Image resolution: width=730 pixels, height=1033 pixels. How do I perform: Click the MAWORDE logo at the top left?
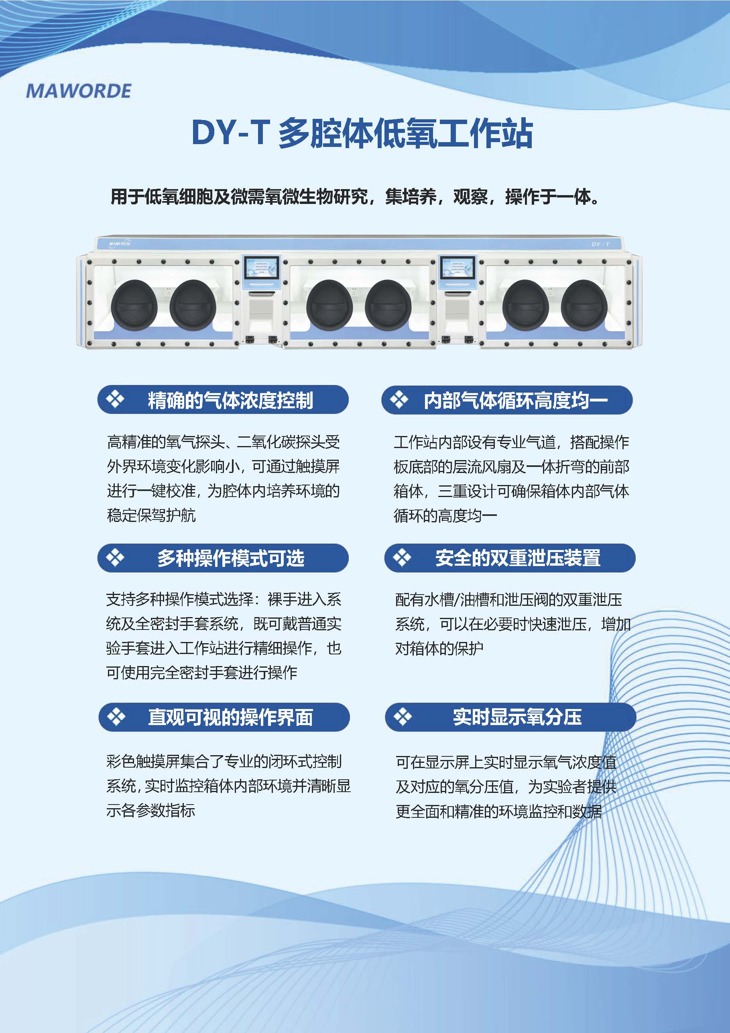pyautogui.click(x=79, y=91)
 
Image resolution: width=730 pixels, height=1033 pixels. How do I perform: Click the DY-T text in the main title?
pyautogui.click(x=230, y=133)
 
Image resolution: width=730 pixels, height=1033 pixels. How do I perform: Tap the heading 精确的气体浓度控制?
pyautogui.click(x=230, y=400)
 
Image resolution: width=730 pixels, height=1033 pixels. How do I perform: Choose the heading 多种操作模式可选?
pyautogui.click(x=231, y=558)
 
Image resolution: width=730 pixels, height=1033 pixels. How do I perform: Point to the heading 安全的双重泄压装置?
pyautogui.click(x=518, y=558)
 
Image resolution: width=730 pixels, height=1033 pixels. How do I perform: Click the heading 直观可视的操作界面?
pyautogui.click(x=230, y=717)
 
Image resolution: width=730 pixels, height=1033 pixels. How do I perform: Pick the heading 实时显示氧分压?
pyautogui.click(x=517, y=717)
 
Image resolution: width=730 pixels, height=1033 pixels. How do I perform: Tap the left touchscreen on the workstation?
pyautogui.click(x=261, y=268)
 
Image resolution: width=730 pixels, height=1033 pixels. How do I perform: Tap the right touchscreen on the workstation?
pyautogui.click(x=457, y=268)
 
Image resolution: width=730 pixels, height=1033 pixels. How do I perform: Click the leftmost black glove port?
pyautogui.click(x=134, y=305)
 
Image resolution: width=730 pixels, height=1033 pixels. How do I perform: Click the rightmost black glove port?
pyautogui.click(x=584, y=305)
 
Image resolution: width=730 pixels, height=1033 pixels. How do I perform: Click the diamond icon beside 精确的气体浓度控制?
pyautogui.click(x=115, y=399)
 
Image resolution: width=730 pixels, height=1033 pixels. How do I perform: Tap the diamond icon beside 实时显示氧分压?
pyautogui.click(x=402, y=717)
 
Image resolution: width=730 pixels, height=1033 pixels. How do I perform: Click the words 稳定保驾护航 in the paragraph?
pyautogui.click(x=151, y=515)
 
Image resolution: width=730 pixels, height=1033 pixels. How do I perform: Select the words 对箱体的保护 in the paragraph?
pyautogui.click(x=439, y=648)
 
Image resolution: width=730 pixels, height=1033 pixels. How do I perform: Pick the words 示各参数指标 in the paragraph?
pyautogui.click(x=150, y=810)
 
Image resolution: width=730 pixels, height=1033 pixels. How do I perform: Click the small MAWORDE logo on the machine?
pyautogui.click(x=120, y=244)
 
